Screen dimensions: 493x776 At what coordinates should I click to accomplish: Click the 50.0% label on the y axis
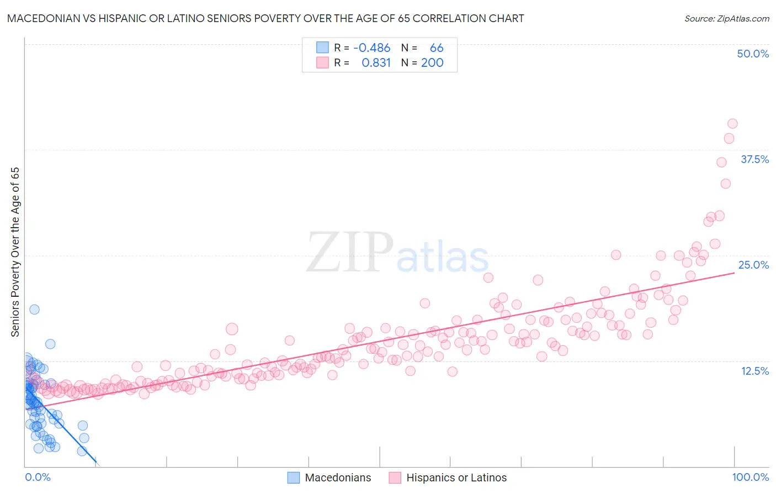pyautogui.click(x=753, y=54)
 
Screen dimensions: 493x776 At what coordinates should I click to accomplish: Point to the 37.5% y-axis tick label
pyautogui.click(x=754, y=159)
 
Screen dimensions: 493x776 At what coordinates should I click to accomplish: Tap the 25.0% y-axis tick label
pyautogui.click(x=753, y=265)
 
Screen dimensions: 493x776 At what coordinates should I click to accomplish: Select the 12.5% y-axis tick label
pyautogui.click(x=754, y=371)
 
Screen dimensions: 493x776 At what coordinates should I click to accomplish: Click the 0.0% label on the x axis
pyautogui.click(x=38, y=477)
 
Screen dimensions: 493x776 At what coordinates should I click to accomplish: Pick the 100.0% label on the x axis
pyautogui.click(x=750, y=477)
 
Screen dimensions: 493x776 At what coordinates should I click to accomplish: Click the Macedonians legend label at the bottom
pyautogui.click(x=338, y=478)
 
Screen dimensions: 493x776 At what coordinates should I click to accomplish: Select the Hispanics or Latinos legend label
pyautogui.click(x=456, y=478)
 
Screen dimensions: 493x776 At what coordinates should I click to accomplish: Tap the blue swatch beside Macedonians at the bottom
pyautogui.click(x=294, y=478)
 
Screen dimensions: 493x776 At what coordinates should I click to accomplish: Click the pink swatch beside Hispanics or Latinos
pyautogui.click(x=395, y=478)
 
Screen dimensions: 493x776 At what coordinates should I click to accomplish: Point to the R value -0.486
pyautogui.click(x=371, y=48)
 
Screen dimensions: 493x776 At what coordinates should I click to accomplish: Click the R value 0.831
pyautogui.click(x=376, y=63)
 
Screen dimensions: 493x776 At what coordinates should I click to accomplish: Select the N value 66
pyautogui.click(x=437, y=48)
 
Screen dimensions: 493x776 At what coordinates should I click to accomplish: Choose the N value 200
pyautogui.click(x=432, y=63)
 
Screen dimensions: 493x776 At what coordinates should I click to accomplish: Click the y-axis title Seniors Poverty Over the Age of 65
pyautogui.click(x=15, y=251)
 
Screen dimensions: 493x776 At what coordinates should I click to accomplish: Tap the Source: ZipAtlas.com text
pyautogui.click(x=726, y=18)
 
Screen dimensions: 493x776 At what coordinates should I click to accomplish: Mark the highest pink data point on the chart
pyautogui.click(x=732, y=124)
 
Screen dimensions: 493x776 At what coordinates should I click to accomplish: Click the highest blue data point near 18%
pyautogui.click(x=34, y=310)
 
